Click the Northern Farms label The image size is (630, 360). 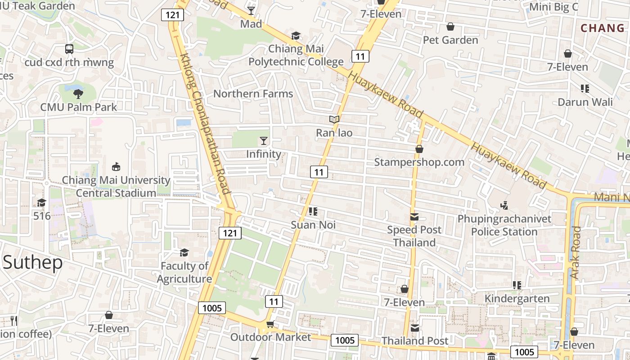253,94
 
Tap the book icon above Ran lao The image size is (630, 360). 334,119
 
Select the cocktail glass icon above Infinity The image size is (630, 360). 264,141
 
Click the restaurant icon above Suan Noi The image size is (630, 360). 314,211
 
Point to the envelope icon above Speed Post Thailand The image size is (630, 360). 414,217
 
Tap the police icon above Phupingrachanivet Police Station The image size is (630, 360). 504,206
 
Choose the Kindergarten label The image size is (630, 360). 517,298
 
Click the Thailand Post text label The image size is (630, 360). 415,341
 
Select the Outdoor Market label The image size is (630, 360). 270,337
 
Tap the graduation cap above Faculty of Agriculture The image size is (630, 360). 184,252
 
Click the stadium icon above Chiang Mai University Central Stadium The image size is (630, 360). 116,166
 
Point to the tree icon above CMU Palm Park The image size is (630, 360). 78,94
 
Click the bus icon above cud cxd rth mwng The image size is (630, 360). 69,49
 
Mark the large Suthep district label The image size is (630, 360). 32,262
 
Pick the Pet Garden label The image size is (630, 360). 450,40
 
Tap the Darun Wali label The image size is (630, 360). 585,102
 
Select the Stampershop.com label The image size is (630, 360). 419,162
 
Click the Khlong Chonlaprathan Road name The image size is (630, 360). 205,124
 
